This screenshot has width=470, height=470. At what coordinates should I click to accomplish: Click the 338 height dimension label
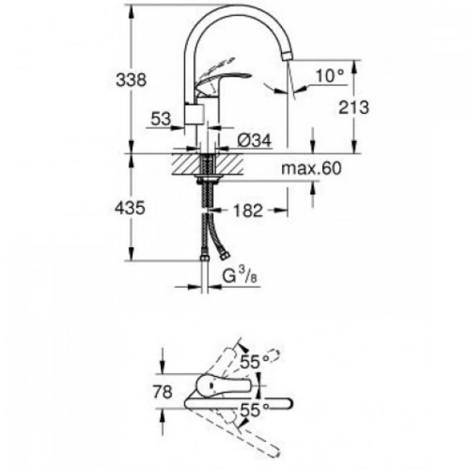(x=131, y=80)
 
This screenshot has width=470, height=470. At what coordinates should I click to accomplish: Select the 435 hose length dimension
(x=130, y=208)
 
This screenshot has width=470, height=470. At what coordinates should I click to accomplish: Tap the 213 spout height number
(x=354, y=107)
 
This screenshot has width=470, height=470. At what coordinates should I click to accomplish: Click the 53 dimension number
(x=161, y=119)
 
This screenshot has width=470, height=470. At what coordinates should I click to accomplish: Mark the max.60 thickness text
(x=311, y=169)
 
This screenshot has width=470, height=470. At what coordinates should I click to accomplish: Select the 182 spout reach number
(x=248, y=210)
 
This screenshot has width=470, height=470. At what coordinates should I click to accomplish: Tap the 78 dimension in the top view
(x=163, y=392)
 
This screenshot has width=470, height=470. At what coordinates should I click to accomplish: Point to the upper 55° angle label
(x=255, y=362)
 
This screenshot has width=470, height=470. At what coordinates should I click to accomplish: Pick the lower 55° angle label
(x=255, y=410)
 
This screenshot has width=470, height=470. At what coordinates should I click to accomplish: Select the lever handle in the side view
(x=223, y=82)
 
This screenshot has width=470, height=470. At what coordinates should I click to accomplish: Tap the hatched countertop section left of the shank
(x=186, y=164)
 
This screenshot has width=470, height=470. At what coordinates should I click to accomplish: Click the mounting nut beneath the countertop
(x=207, y=179)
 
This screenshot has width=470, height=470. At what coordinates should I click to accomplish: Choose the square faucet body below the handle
(x=194, y=114)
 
